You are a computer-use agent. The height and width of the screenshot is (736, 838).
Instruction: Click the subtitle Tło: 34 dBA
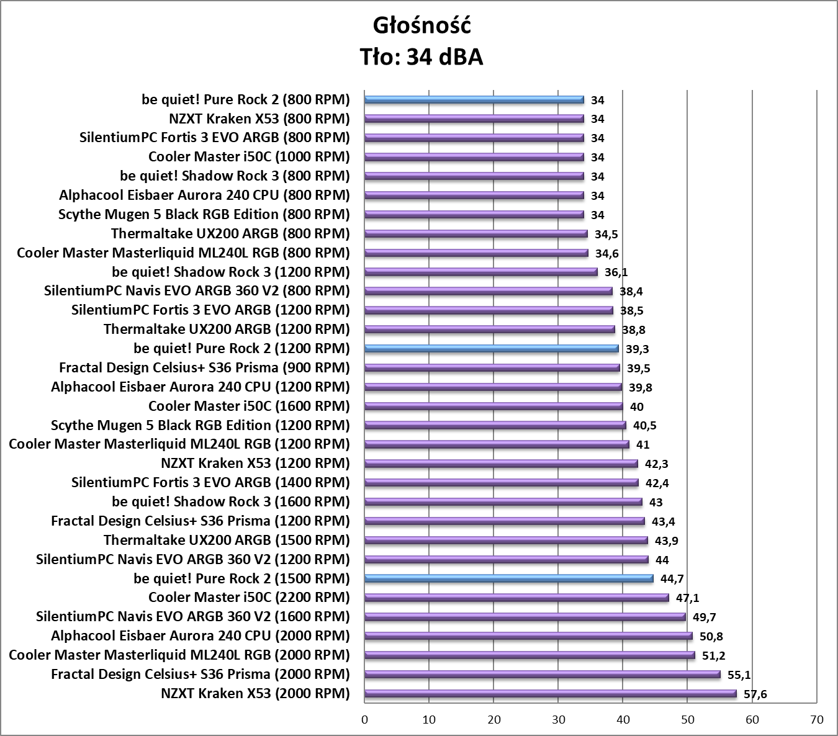(x=422, y=57)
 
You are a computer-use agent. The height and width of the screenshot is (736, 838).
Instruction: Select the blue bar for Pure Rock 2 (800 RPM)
(x=474, y=99)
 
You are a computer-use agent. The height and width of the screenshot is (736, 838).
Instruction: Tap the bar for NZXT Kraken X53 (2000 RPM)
(x=550, y=693)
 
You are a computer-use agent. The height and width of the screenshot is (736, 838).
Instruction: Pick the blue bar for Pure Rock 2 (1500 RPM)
(x=508, y=578)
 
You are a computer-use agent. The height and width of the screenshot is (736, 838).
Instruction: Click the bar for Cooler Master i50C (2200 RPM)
(x=516, y=598)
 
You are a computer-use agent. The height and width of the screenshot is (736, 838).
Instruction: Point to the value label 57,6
(x=755, y=694)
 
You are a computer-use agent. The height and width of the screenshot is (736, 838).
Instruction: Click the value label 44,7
(x=672, y=579)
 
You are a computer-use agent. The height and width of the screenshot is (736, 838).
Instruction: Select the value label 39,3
(x=637, y=349)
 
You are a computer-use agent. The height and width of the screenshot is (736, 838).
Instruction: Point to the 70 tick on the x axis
(x=817, y=720)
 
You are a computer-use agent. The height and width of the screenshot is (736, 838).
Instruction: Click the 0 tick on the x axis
(x=364, y=720)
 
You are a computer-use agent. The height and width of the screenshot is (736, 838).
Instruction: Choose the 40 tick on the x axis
(x=623, y=720)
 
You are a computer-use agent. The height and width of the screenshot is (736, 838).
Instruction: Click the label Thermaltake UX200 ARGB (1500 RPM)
(x=227, y=540)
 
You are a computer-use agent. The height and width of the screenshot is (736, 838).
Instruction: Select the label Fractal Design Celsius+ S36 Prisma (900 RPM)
(x=204, y=367)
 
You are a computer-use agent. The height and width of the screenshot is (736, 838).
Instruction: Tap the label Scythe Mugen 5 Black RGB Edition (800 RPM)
(x=204, y=214)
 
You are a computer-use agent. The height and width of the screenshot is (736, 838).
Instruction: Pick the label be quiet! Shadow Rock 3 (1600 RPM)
(x=231, y=501)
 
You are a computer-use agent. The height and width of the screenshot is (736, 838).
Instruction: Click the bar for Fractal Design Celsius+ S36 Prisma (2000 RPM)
(x=542, y=674)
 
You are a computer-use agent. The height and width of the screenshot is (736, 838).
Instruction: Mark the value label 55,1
(x=739, y=675)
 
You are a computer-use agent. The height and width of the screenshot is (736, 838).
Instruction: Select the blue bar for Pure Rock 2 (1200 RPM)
(x=491, y=348)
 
